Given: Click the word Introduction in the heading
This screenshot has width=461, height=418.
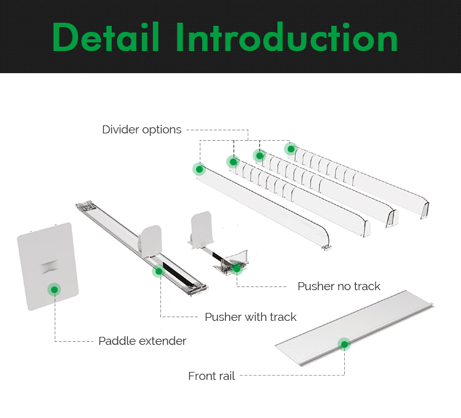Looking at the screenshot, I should [x=286, y=37].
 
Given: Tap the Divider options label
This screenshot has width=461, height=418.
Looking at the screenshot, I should [x=141, y=130].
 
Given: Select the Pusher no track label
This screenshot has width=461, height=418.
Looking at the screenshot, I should [x=339, y=286].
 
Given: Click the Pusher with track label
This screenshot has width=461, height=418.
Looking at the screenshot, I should [x=250, y=317].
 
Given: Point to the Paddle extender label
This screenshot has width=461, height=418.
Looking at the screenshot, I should [x=142, y=341].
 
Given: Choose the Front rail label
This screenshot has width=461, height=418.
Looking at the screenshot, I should [x=211, y=376].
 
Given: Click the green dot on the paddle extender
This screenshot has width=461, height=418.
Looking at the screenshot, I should [x=54, y=289].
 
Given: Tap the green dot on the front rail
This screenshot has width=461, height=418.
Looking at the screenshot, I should [x=344, y=344].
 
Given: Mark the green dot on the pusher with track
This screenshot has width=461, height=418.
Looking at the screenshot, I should [x=159, y=271].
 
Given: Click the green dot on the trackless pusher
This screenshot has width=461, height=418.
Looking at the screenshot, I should [x=237, y=268].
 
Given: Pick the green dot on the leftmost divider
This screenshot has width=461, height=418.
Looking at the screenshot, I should [x=199, y=169].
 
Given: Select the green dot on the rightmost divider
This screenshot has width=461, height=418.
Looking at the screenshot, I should [x=291, y=148].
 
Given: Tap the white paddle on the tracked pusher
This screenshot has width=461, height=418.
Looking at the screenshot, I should [x=151, y=239].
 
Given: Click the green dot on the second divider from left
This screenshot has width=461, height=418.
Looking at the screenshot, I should [x=232, y=162].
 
